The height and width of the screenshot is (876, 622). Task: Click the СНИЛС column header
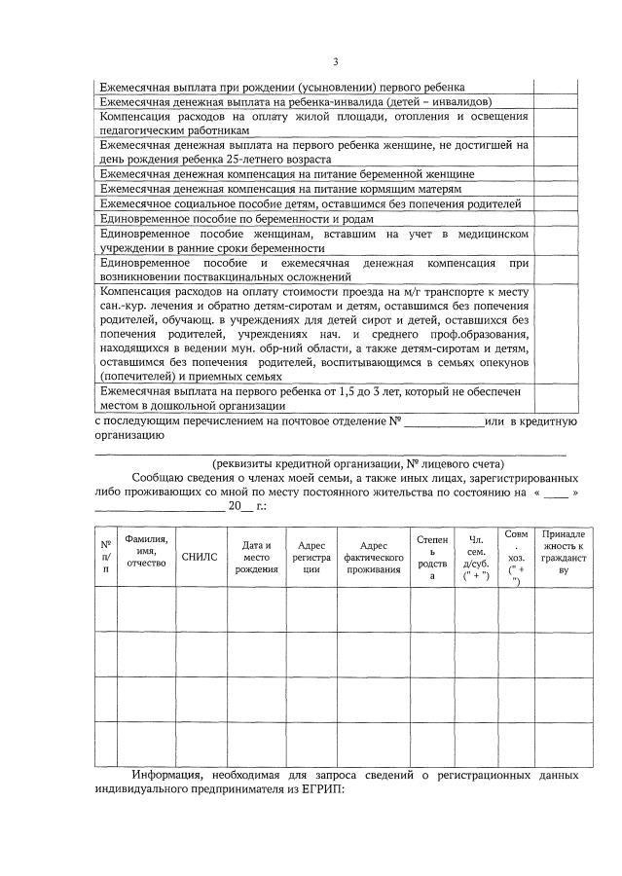coord(201,556)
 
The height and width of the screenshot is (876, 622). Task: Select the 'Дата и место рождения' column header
coord(256,556)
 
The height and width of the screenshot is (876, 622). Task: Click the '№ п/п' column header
coord(105,556)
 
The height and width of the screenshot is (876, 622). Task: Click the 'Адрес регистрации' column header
coord(311,556)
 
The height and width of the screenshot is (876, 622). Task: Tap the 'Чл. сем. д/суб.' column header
coord(478,556)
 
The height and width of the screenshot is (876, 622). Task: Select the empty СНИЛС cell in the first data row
coord(201,609)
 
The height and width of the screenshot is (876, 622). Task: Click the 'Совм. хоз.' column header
coord(517,556)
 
